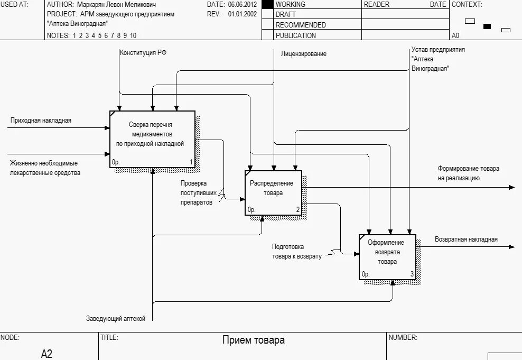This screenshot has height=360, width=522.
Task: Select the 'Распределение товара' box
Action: point(273,192)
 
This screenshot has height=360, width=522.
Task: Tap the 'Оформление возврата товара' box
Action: point(387,256)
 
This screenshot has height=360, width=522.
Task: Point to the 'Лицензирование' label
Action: point(303,54)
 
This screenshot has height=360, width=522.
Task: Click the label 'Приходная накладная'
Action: point(41,121)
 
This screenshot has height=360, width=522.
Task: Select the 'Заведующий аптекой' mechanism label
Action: point(116,319)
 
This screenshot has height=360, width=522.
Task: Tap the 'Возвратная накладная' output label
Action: point(466,239)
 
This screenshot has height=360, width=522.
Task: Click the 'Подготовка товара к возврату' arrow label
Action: point(296,252)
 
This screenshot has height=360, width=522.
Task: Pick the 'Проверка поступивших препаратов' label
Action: point(196,193)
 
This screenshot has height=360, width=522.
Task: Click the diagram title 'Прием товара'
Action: point(253,340)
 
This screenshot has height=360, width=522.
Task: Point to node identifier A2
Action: point(46,354)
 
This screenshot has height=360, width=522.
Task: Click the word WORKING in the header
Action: point(291,4)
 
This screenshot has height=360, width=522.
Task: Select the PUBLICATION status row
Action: point(295,35)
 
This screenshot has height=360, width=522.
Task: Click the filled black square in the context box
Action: point(487,26)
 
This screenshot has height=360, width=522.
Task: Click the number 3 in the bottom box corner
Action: point(412,274)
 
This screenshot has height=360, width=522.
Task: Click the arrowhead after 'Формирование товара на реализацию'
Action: point(511,187)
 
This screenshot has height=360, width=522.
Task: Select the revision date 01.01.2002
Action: point(243,14)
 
